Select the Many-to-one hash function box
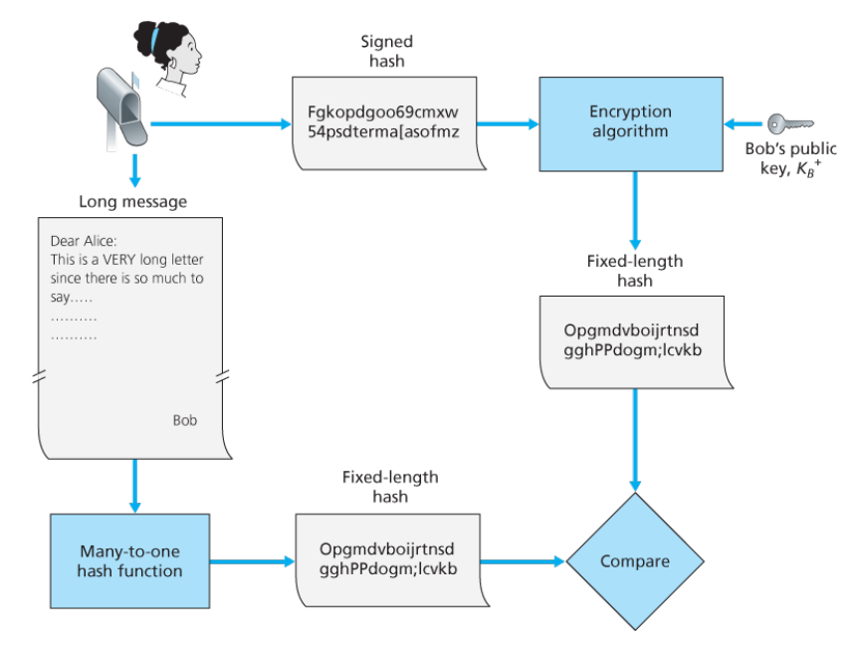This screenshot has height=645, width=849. [x=130, y=560]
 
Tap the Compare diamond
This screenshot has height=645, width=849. [x=634, y=561]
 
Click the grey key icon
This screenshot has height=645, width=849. [x=780, y=124]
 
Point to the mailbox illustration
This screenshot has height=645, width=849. [x=121, y=104]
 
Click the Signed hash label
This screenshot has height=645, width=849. [x=386, y=51]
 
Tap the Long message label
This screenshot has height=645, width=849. [x=132, y=201]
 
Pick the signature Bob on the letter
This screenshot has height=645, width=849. [x=185, y=420]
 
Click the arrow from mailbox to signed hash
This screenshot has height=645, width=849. [x=219, y=124]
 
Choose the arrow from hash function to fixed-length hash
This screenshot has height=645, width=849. [x=254, y=561]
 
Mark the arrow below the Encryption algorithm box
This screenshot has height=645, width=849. [x=634, y=209]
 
